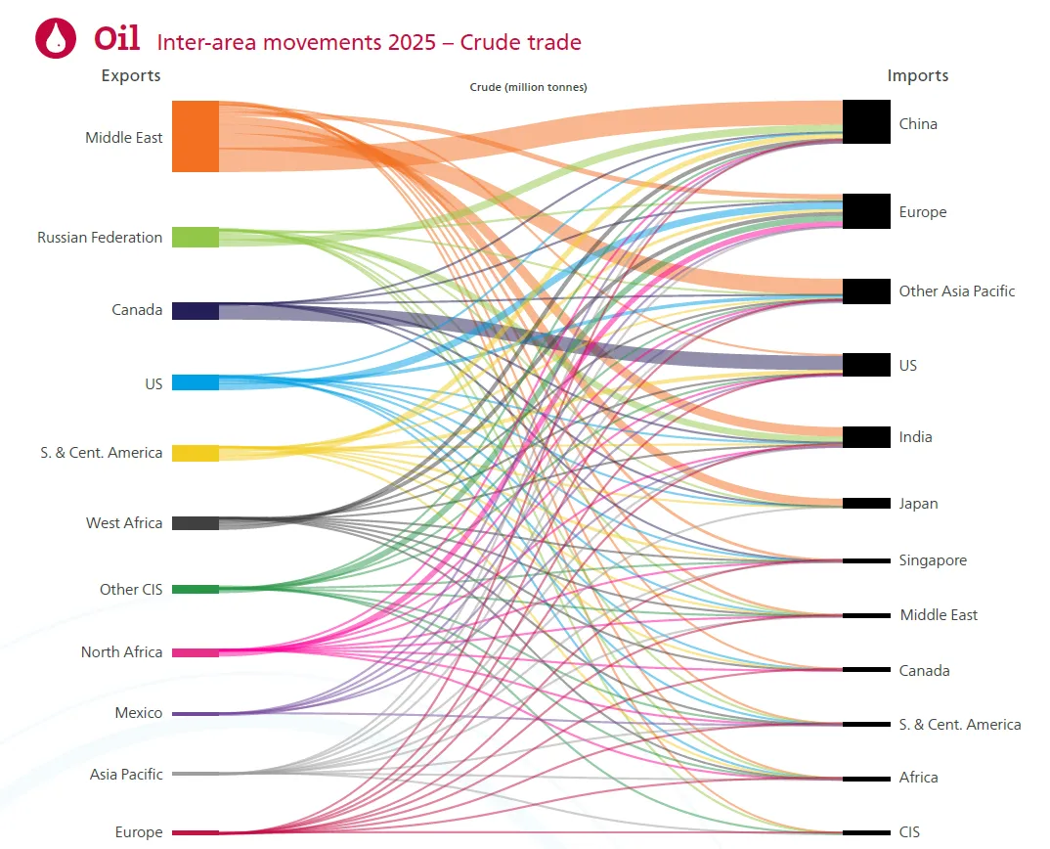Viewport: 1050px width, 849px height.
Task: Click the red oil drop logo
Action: pos(56,38)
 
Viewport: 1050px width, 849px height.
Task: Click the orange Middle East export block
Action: pos(196,137)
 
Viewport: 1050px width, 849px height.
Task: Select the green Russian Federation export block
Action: pos(196,238)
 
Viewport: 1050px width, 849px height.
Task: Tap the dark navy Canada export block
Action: pos(196,311)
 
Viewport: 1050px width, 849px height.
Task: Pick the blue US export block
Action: pos(196,382)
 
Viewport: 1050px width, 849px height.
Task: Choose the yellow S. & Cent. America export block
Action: pos(196,453)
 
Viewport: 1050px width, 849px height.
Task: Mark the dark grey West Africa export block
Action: pos(196,523)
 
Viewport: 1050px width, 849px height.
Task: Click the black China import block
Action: pos(866,122)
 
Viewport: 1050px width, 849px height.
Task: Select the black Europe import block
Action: pos(866,211)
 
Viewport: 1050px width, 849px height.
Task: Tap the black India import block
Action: pos(866,437)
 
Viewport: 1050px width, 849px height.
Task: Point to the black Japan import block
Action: pos(866,503)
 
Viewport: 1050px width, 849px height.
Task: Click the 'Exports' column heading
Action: pos(131,75)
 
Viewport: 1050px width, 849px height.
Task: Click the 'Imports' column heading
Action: pos(918,75)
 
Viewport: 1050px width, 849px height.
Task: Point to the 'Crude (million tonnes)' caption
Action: pos(528,87)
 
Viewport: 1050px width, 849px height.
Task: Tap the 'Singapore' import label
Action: pos(933,560)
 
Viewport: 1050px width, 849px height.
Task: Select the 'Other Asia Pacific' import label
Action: pos(957,290)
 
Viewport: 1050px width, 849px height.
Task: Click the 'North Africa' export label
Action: pos(122,652)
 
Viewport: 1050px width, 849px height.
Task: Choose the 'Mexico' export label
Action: pos(139,712)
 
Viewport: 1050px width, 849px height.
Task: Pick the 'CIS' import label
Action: pos(909,831)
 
